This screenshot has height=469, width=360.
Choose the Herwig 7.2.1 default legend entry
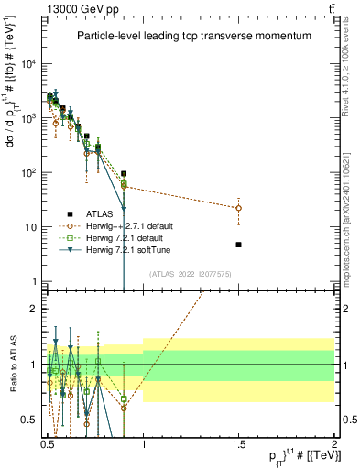coord(128,237)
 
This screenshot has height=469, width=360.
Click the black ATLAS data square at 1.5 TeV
coord(238,245)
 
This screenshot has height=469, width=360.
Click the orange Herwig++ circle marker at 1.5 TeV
coord(238,208)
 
